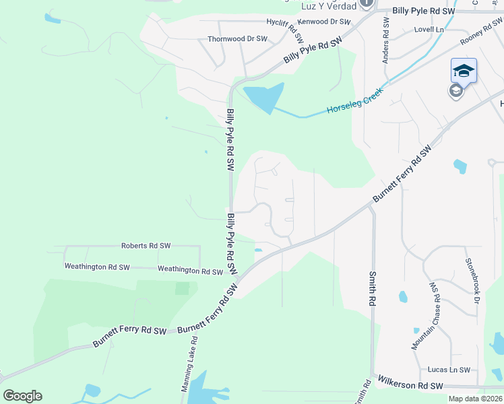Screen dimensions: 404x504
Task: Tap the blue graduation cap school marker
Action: click(464, 70)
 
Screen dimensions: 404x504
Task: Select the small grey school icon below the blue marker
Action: click(456, 91)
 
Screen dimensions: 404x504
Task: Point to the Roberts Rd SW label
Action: click(146, 246)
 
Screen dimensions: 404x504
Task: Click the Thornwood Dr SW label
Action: click(237, 39)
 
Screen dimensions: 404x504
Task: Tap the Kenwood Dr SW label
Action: click(325, 22)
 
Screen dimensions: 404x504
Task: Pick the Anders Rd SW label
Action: click(386, 40)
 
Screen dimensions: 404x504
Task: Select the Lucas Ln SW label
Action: click(449, 370)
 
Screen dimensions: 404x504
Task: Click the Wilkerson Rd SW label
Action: click(410, 385)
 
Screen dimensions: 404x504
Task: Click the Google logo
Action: click(22, 396)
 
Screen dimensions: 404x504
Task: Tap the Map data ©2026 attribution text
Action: click(475, 399)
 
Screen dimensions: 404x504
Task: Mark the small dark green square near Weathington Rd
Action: click(182, 288)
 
